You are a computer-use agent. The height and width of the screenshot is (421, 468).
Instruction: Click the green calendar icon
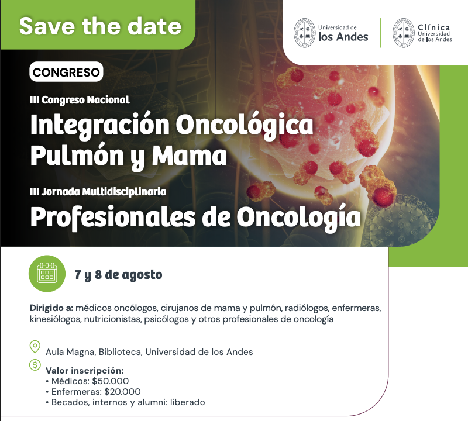coord(47,274)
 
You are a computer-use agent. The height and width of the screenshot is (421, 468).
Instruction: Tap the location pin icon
coord(35,347)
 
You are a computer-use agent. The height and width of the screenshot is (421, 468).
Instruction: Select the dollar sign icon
coord(35,365)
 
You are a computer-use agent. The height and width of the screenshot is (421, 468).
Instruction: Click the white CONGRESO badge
coord(66,72)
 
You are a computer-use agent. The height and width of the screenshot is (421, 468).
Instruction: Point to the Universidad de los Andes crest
coord(304,33)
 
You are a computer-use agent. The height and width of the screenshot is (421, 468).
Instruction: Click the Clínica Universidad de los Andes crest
coord(403,33)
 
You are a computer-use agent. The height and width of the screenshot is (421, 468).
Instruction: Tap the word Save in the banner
coord(47,26)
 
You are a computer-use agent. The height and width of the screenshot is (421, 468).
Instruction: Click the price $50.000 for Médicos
coord(111,381)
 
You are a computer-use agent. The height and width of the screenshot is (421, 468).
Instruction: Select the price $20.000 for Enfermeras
coord(122,391)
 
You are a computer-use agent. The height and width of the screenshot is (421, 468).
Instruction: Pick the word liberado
coord(187,402)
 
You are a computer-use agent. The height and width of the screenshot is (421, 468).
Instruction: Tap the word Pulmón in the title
coord(77,156)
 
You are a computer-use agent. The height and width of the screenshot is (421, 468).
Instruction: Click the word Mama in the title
coord(189,156)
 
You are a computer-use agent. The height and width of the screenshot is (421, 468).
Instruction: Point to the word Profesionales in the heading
coord(113,217)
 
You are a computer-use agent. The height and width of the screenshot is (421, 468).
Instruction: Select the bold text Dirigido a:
coord(51,308)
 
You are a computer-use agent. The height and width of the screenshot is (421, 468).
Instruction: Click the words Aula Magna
coord(70,352)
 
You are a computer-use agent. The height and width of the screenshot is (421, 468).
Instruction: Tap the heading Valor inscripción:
coord(84,371)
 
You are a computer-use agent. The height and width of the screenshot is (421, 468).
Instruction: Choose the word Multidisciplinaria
coord(124,192)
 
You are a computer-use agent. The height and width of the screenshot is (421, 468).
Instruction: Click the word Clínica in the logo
coord(433,27)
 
